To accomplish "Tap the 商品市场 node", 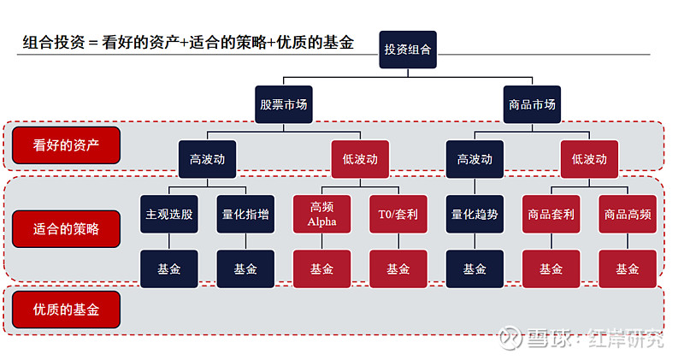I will click(532, 104).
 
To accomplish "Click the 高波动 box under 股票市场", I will click(207, 159).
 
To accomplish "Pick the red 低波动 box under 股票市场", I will click(359, 159).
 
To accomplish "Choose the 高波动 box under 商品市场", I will click(475, 159).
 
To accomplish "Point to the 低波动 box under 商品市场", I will click(589, 159).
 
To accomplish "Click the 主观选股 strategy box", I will click(169, 215).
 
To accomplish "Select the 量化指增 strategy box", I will click(245, 215).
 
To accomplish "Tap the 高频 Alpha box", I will click(321, 215).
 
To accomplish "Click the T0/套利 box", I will click(398, 215).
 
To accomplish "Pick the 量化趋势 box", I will click(475, 215).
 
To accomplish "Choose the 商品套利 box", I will click(551, 215).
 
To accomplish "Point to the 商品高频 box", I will click(627, 215).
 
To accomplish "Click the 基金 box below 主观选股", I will click(169, 269).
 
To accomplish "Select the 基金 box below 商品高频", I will click(627, 269).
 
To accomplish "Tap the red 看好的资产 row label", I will click(66, 145).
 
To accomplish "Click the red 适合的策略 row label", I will click(66, 229).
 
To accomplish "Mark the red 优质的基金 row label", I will click(66, 310).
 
